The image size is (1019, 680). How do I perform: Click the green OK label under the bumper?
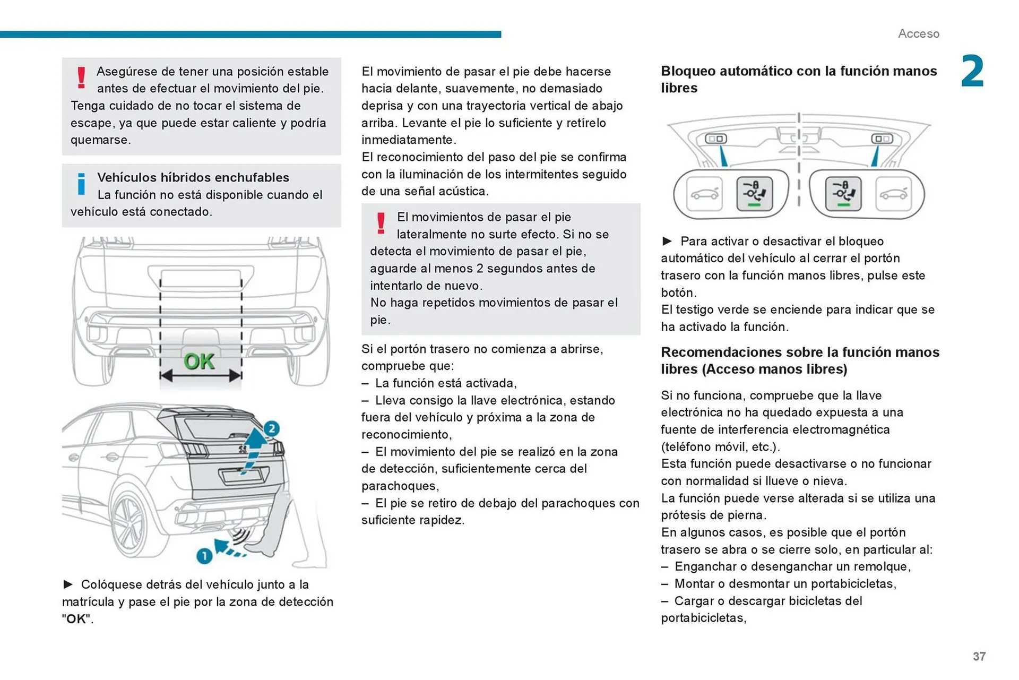point(199,361)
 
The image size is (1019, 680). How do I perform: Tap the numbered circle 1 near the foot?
point(204,556)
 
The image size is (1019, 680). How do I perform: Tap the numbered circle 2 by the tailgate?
point(271,428)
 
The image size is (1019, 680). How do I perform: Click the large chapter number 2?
point(972,72)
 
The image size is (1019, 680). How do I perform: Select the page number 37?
point(979,657)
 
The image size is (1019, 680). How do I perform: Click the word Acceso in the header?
point(918,33)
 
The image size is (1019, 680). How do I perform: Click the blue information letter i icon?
point(81,184)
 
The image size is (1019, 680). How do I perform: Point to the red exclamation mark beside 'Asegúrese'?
point(81,78)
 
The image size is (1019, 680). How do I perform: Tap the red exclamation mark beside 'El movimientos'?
point(381,223)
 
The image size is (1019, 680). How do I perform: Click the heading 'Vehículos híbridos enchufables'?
point(193,177)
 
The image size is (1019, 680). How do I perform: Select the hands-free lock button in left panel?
point(754,194)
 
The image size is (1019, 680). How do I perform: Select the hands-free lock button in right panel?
point(843,194)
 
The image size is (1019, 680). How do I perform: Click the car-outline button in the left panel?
point(704,194)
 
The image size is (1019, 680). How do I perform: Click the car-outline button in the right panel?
point(893,194)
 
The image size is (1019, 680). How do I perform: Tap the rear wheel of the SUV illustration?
point(130,522)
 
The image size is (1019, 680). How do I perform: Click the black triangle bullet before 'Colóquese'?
point(68,584)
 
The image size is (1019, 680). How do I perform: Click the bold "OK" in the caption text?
point(76,619)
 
